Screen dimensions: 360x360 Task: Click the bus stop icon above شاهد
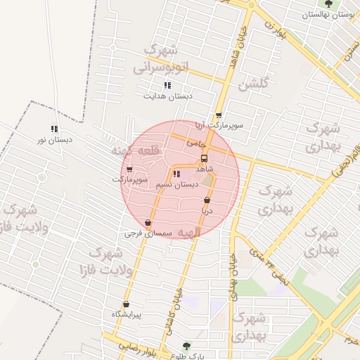(205, 158)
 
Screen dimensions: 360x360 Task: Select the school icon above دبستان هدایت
(167, 85)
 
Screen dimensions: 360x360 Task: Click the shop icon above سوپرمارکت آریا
(219, 115)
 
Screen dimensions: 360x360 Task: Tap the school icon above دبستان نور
(53, 129)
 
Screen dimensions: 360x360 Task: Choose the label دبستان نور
(56, 139)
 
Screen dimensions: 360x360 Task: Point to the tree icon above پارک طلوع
(186, 346)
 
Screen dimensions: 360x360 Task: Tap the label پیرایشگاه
(127, 314)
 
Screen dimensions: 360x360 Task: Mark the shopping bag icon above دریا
(207, 200)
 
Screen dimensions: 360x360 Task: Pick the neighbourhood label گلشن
(252, 85)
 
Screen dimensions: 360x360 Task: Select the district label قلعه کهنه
(136, 150)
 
